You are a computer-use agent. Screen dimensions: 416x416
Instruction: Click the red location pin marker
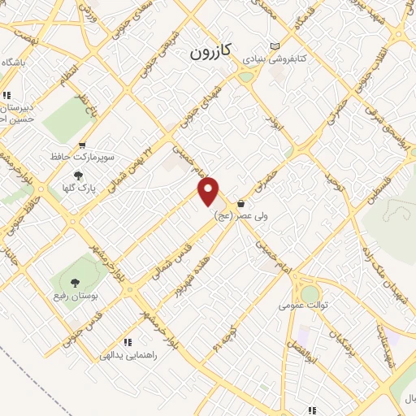(210, 191)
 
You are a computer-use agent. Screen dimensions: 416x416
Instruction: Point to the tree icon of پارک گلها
(79, 175)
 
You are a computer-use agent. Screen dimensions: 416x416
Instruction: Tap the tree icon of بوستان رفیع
(75, 283)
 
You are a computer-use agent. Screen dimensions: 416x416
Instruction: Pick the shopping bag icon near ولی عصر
(241, 203)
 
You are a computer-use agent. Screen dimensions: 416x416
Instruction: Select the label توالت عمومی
(301, 305)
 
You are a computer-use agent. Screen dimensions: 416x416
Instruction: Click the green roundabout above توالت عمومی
(310, 293)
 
